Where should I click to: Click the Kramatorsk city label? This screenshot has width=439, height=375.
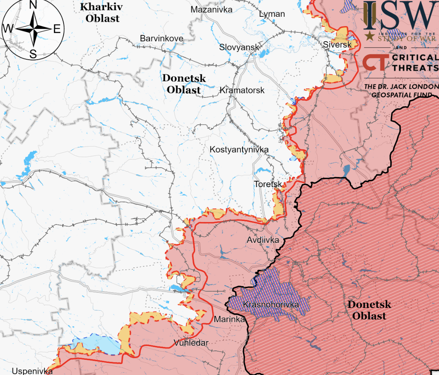click(242, 90)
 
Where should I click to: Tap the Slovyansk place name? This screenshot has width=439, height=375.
click(239, 47)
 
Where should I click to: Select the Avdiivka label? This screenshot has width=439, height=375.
click(263, 240)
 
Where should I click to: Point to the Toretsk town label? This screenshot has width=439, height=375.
click(268, 184)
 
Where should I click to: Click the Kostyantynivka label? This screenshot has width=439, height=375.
click(239, 150)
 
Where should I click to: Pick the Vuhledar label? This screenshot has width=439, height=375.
click(191, 343)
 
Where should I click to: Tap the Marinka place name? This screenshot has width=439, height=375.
click(229, 319)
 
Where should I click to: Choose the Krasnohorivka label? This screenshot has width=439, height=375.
click(271, 304)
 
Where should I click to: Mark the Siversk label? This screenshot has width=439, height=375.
click(337, 45)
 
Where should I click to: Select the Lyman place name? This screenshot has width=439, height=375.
click(272, 14)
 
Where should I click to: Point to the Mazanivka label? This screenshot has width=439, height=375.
click(211, 9)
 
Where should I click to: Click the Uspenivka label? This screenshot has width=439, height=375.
click(32, 371)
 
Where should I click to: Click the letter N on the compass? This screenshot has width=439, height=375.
click(33, 5)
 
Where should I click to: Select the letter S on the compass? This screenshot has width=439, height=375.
click(33, 55)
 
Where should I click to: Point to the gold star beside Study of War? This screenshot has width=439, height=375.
click(369, 37)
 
